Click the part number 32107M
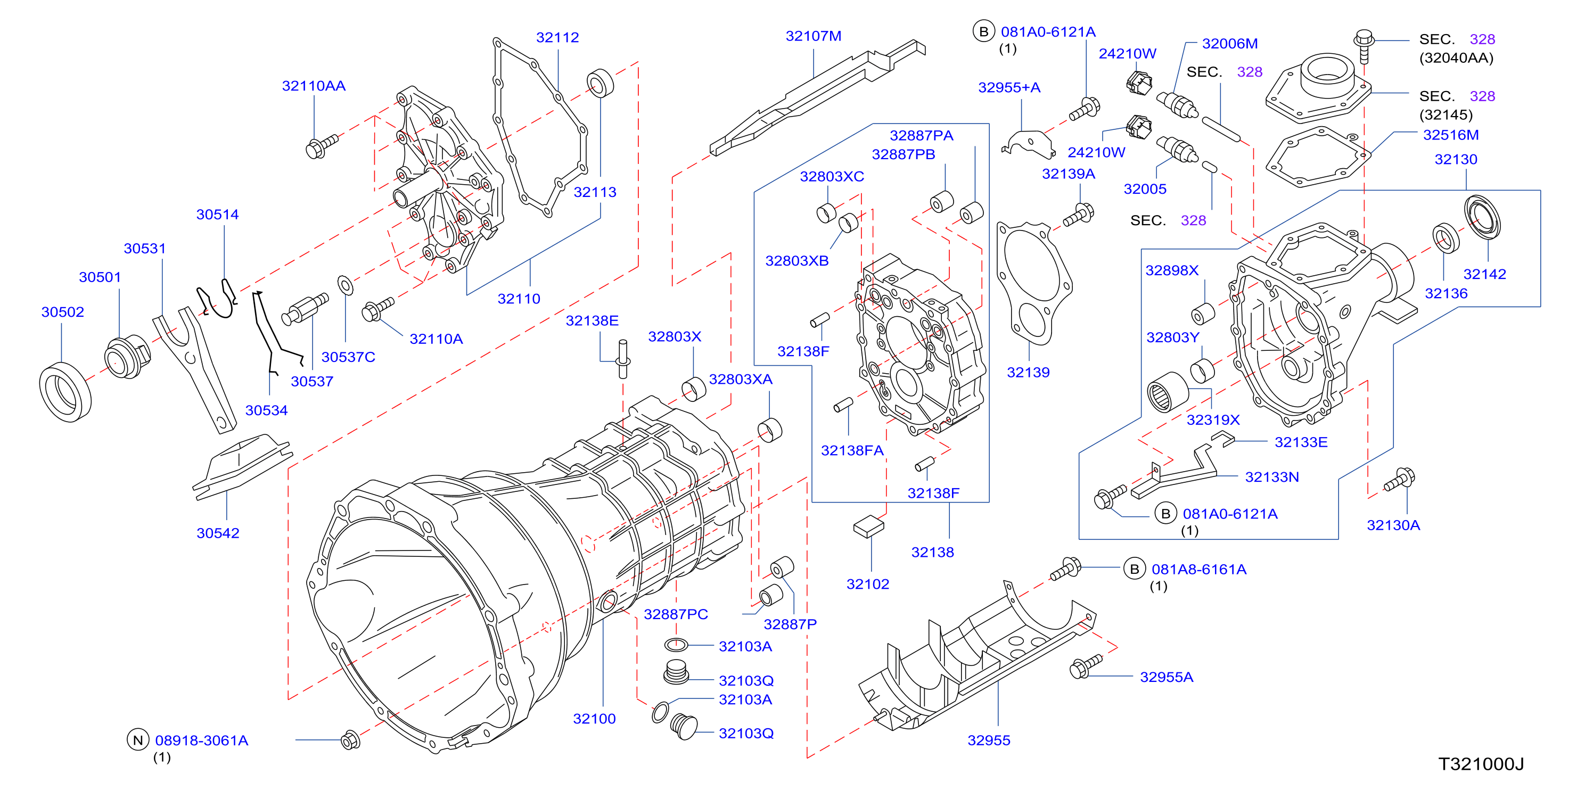[813, 36]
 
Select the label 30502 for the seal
[62, 312]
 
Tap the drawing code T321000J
[1481, 763]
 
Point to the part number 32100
[594, 718]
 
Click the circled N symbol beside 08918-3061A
[138, 740]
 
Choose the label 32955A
[1166, 677]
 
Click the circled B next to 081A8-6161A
[1134, 569]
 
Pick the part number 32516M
[1450, 135]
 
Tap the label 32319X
[1213, 419]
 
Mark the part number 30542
[218, 533]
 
